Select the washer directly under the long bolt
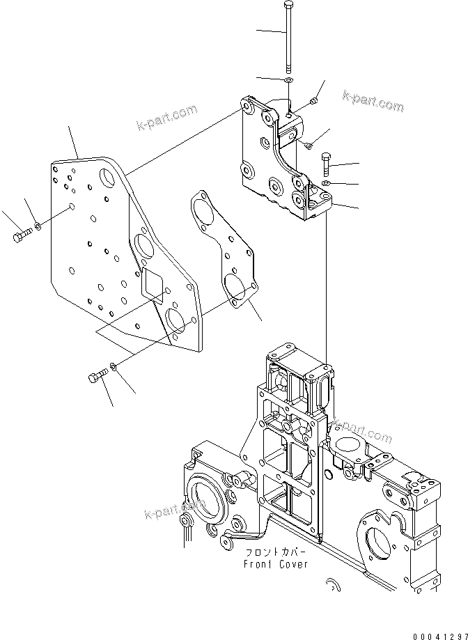coord(288,81)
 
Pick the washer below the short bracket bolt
coord(325,183)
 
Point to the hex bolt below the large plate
coord(96,377)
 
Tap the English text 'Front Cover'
coord(274,564)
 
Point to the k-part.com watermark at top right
coord(373,102)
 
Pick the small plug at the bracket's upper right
coord(313,102)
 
